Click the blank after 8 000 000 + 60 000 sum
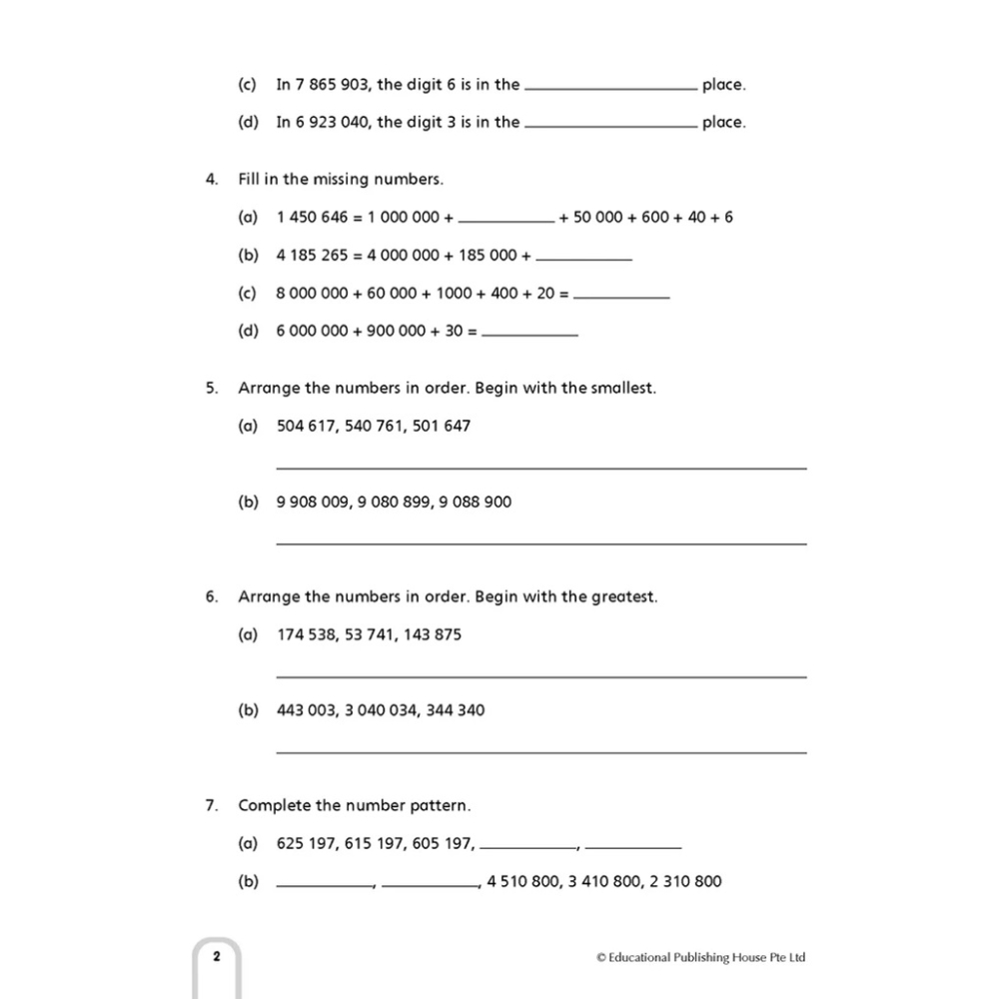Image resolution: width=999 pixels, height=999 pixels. pyautogui.click(x=622, y=296)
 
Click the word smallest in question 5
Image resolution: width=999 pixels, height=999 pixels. pyautogui.click(x=621, y=388)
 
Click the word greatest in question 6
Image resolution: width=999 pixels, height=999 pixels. pyautogui.click(x=623, y=596)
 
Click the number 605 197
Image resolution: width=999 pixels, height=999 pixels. pyautogui.click(x=442, y=844)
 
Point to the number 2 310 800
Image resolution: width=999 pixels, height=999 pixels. pyautogui.click(x=684, y=881)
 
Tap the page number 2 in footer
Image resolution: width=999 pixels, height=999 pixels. pyautogui.click(x=216, y=957)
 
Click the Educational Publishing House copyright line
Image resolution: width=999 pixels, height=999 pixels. pyautogui.click(x=700, y=957)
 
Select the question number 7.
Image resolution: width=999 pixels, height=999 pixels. pyautogui.click(x=211, y=805)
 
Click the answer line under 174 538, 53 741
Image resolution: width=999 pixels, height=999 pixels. pyautogui.click(x=540, y=676)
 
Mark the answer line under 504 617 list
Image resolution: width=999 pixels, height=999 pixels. pyautogui.click(x=540, y=468)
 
